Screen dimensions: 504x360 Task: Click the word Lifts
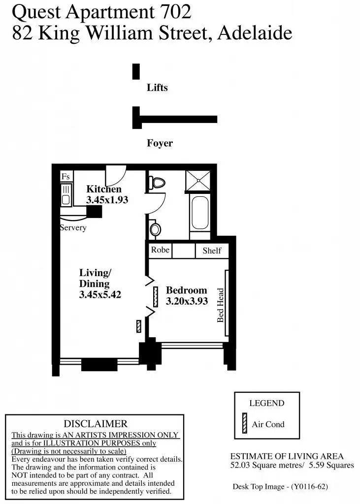tap(157, 88)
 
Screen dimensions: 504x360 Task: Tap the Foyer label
tap(160, 143)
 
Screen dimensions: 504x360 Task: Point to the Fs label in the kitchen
tap(65, 177)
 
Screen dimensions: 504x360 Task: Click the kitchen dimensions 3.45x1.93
tap(107, 200)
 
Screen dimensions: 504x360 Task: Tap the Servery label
tap(73, 228)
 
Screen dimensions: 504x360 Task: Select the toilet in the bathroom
tap(158, 183)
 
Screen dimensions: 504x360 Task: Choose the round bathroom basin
tap(156, 229)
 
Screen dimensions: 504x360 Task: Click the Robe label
tap(160, 250)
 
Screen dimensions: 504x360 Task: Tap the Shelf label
tap(212, 251)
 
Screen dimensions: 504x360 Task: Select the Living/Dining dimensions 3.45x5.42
tap(100, 295)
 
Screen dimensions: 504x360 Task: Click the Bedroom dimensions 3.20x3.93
tap(187, 301)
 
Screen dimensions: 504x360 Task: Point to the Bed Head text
tap(221, 305)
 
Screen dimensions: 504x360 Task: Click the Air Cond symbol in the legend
tap(244, 424)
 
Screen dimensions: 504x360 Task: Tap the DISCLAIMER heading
tap(95, 424)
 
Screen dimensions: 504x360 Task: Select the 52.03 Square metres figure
tap(262, 465)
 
